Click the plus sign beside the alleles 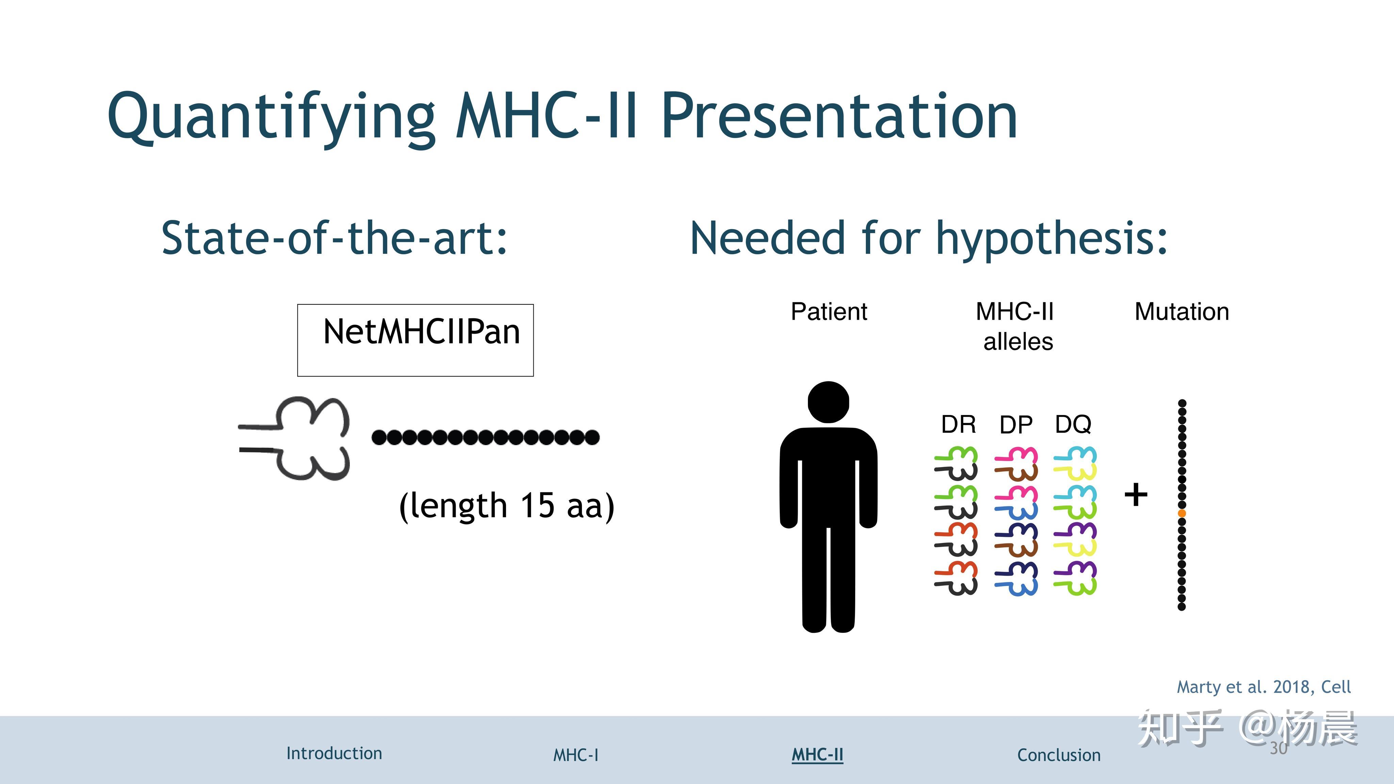1136,494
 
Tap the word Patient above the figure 829,312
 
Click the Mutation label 1182,312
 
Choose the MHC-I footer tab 576,755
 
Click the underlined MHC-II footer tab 817,755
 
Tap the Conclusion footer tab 1059,755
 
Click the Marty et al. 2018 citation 1264,687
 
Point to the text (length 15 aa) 506,506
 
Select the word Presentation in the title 839,116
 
